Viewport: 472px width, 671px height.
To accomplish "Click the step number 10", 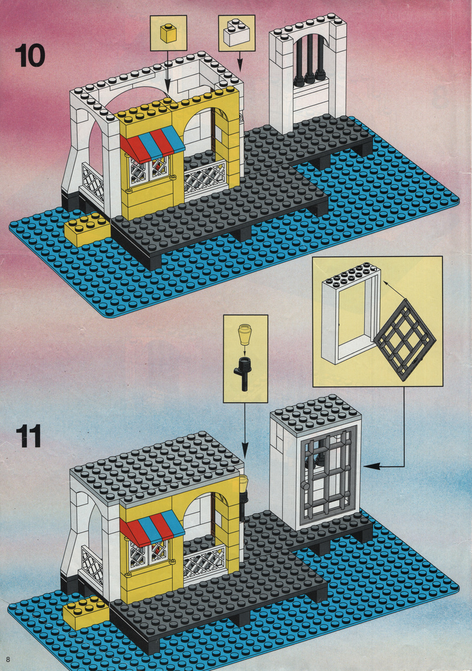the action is coord(29,55).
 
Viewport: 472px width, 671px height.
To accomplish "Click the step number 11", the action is coord(29,436).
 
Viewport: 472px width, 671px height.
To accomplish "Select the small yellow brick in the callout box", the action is coord(168,34).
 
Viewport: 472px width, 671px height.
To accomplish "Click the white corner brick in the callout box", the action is coord(236,32).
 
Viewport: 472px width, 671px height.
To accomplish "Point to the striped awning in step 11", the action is coord(152,527).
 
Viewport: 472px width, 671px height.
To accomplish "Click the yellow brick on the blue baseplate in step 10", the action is coord(87,230).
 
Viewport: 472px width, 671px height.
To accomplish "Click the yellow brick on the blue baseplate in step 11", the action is coord(86,613).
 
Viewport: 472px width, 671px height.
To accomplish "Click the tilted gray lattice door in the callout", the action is coord(404,339).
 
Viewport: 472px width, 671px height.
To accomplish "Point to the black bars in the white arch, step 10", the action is coord(309,60).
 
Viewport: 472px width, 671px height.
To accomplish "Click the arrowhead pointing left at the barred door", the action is coord(369,466).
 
